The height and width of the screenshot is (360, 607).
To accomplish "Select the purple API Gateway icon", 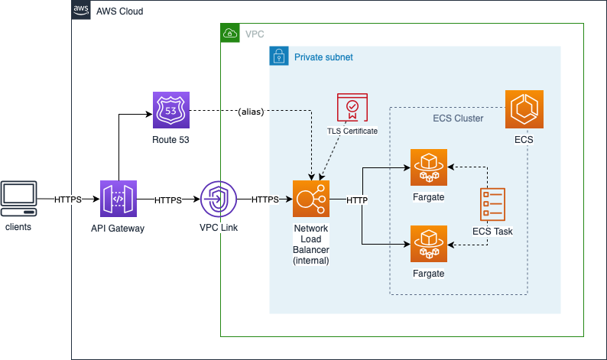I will coord(118,199).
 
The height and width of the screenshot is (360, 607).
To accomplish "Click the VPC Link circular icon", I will coord(218,199).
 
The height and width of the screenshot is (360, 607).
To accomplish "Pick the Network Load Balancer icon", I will coord(311,199).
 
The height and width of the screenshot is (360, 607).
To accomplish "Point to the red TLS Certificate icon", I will coord(352,108).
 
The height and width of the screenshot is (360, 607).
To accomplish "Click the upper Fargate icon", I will coord(429,167).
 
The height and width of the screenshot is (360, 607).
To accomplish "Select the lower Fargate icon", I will coord(429,244).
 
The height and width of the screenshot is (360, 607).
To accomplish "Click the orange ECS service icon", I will coord(524,109).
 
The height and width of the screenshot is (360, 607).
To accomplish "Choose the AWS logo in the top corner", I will coord(81,10).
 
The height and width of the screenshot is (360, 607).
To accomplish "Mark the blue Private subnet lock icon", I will coord(279,56).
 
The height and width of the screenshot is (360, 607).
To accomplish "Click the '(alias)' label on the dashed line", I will coord(251,112).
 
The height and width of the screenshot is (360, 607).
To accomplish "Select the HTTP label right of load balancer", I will coord(357,200).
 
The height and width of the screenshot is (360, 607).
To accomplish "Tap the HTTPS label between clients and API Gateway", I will coord(68,199).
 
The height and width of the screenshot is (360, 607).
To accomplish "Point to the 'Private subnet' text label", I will coord(323,57).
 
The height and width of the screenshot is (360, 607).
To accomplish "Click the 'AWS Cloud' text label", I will coord(119,11).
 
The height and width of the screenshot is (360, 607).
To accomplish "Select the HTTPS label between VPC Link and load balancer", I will coord(265,200).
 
